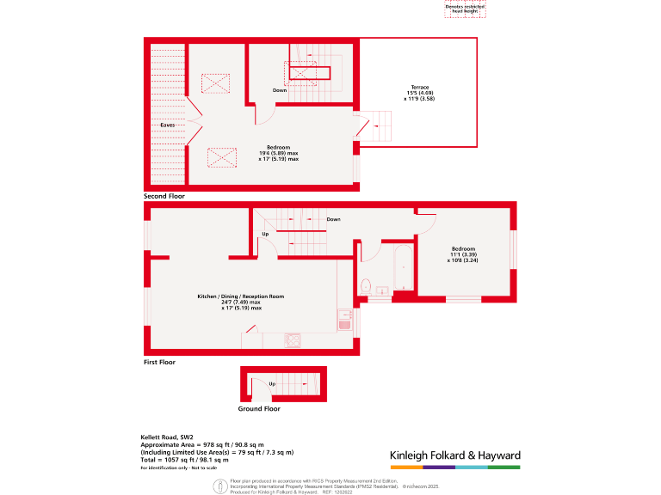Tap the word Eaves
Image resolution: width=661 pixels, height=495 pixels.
[x=168, y=125]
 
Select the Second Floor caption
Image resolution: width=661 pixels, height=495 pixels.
[x=164, y=196]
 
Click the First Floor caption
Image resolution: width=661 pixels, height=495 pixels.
[x=159, y=363]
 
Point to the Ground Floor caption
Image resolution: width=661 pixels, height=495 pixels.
[x=259, y=409]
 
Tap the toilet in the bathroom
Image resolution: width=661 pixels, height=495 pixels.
[x=366, y=286]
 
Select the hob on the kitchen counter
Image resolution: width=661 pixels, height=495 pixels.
[x=293, y=339]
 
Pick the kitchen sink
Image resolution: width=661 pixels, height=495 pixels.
[x=344, y=320]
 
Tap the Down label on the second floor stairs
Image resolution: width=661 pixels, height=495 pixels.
[x=280, y=90]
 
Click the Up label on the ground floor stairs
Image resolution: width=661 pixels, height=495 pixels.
[x=272, y=383]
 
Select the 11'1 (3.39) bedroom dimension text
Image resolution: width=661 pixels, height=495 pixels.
[x=463, y=254]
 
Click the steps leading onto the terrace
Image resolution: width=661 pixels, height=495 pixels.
[x=376, y=129]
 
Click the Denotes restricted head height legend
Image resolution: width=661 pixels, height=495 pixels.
[x=465, y=9]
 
